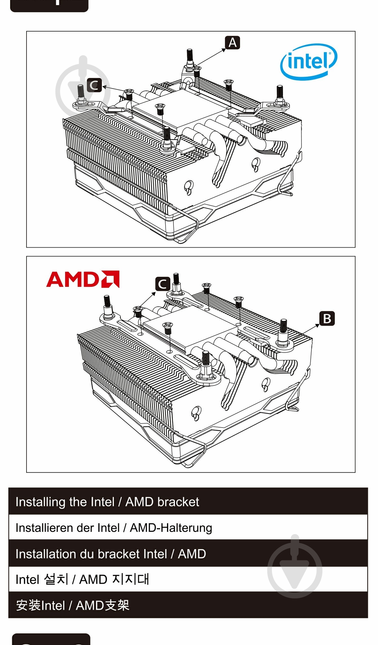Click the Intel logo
tap(309, 61)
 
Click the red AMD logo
tap(83, 279)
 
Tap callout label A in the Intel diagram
tap(232, 43)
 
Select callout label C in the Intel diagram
tap(94, 85)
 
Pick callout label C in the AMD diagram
tap(163, 284)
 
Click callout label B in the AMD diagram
tap(327, 319)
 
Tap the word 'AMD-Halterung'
tap(171, 528)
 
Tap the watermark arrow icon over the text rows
tap(295, 567)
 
